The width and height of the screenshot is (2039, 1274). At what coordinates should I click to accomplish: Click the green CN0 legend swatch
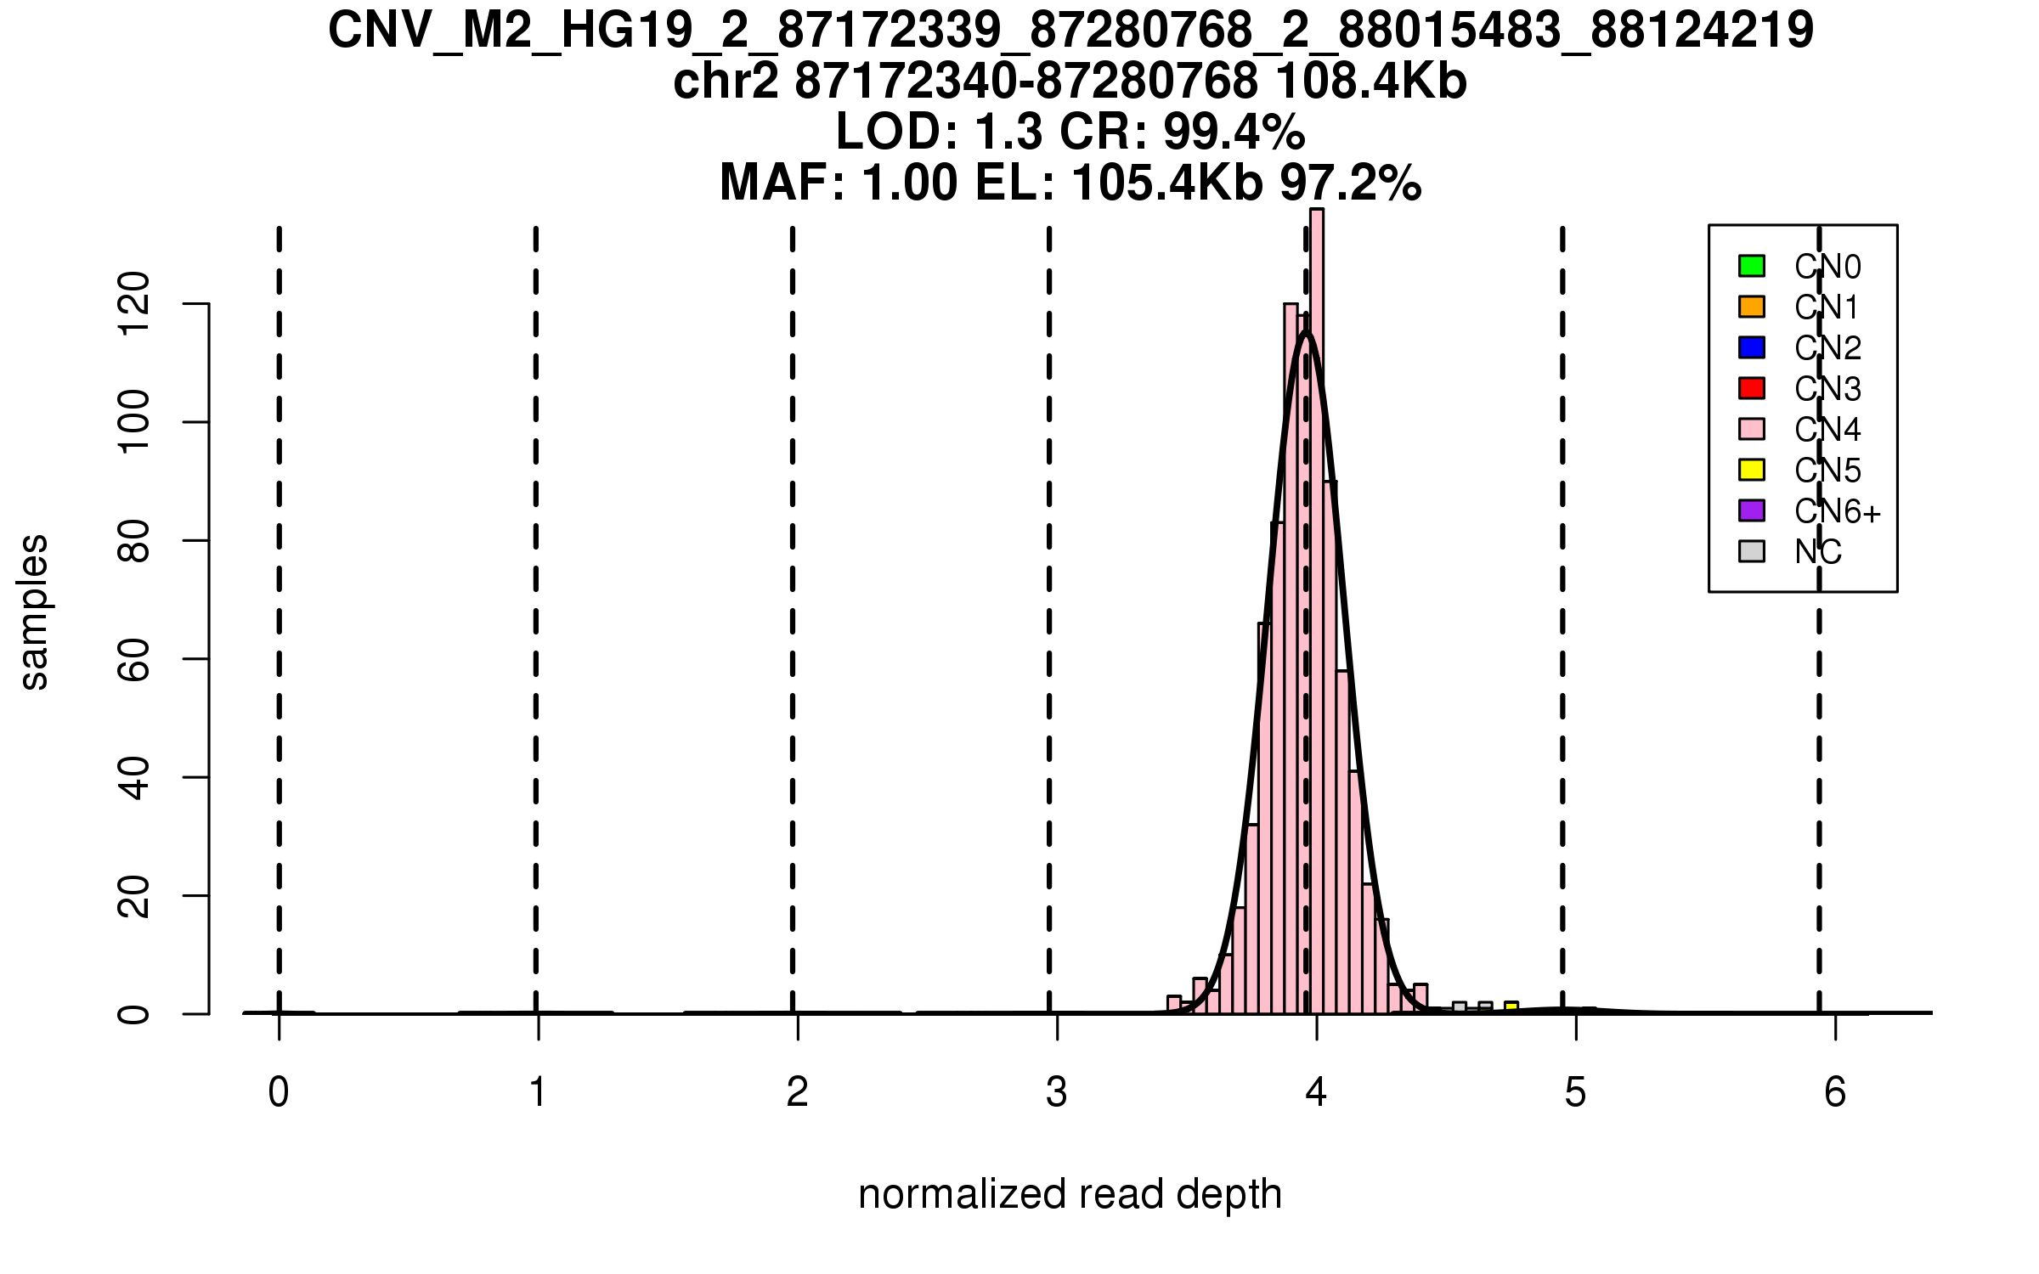[x=1752, y=266]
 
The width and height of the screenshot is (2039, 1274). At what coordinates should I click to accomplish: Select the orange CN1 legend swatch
[x=1752, y=307]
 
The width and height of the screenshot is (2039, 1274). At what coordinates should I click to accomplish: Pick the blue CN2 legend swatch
[x=1752, y=347]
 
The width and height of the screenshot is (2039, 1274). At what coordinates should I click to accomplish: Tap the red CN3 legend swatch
[x=1752, y=388]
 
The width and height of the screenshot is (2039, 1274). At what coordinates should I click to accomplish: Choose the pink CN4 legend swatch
[x=1752, y=429]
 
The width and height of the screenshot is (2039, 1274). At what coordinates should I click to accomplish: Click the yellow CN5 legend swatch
[x=1752, y=470]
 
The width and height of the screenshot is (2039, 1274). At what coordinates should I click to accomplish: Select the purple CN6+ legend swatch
[x=1752, y=510]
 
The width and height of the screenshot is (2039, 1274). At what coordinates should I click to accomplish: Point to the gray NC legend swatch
[x=1752, y=551]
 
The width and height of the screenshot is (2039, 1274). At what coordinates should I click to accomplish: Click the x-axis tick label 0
[x=279, y=1092]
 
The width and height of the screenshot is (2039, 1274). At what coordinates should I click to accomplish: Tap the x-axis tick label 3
[x=1057, y=1092]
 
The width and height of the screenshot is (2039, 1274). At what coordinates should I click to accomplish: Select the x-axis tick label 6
[x=1835, y=1092]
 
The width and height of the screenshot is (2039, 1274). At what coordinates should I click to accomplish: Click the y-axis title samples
[x=34, y=612]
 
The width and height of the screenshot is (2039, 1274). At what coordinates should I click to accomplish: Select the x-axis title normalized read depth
[x=1070, y=1194]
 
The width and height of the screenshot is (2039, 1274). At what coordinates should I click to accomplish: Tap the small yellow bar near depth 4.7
[x=1511, y=1007]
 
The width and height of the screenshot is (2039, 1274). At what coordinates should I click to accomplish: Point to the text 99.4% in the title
[x=1234, y=132]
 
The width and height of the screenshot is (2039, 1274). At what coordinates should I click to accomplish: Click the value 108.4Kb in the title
[x=1371, y=82]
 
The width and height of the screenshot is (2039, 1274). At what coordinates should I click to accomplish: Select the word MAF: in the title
[x=782, y=183]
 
